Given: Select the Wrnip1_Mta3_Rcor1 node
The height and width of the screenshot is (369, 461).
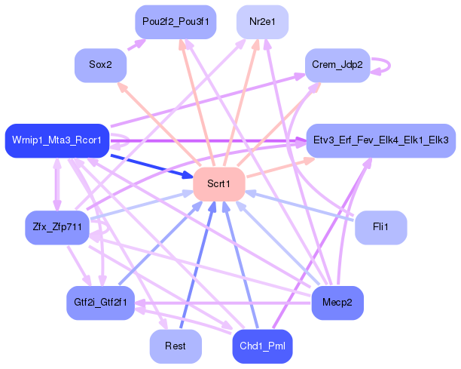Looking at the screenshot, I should coord(57,140).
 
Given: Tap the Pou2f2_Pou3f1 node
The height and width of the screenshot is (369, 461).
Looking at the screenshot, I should coord(176,21).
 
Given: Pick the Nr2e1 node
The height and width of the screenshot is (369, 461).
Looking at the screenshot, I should coord(262,21).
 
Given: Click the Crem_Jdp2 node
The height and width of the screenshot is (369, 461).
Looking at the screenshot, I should coord(337,66).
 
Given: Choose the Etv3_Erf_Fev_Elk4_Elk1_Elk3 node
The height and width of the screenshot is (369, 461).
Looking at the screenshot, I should coord(380,140).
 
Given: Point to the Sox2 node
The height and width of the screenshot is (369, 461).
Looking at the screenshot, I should coord(100,66).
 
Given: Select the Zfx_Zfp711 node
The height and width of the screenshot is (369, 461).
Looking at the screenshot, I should coord(56,226).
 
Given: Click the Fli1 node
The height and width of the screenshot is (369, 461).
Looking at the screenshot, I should coord(380,227).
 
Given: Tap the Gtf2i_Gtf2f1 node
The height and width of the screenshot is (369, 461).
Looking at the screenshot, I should coord(100,303).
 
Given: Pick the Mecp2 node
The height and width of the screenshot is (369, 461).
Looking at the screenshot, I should coord(337,303).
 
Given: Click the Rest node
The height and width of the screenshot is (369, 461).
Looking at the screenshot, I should coord(176,346).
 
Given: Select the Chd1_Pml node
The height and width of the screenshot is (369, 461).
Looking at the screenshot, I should coord(261,346).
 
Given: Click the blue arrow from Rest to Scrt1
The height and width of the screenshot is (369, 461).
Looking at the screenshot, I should coord(197,264).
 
